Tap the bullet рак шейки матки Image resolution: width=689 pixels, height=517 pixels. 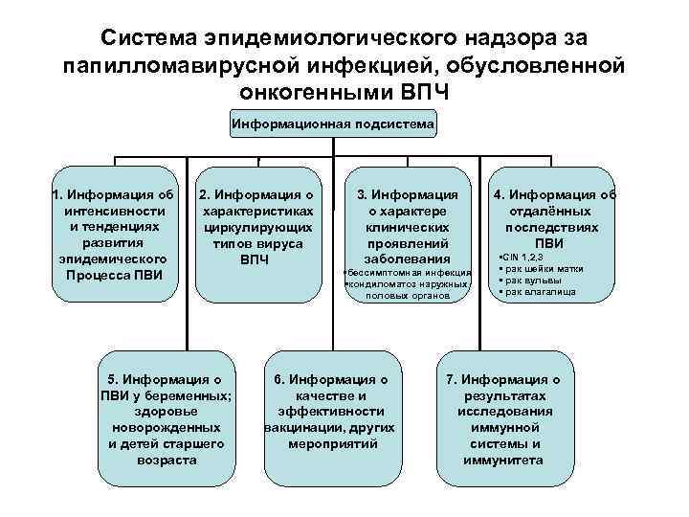click(x=539, y=270)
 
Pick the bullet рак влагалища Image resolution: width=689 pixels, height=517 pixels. click(x=539, y=291)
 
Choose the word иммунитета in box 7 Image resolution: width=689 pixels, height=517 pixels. click(x=502, y=460)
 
